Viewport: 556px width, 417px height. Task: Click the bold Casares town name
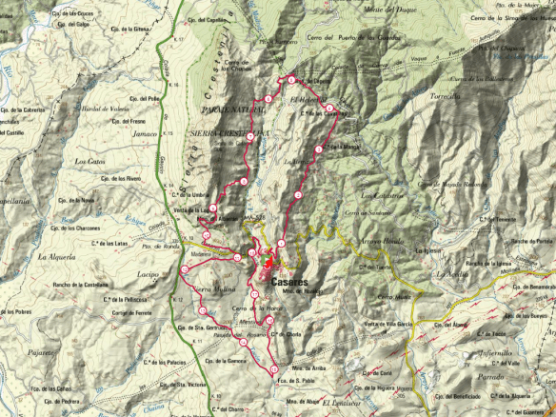point(288,283)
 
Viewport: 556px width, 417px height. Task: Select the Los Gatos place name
point(89,161)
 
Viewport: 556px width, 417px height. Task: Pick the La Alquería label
point(55,257)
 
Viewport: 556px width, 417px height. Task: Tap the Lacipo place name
point(149,274)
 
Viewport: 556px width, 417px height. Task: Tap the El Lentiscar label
point(338,403)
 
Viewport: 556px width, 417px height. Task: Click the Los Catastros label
point(380,196)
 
